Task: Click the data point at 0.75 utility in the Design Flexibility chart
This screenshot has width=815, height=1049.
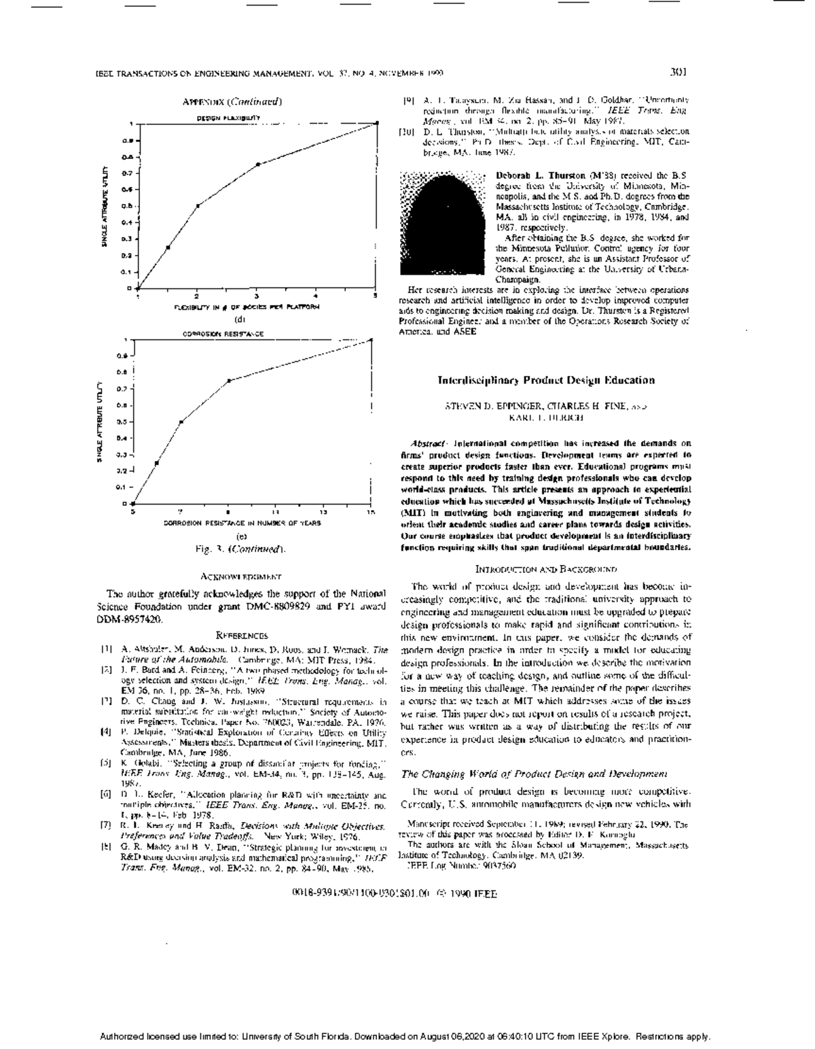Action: (257, 165)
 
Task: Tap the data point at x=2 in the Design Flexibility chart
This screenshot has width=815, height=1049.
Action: (198, 205)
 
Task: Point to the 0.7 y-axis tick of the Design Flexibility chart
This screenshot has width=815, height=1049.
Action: (127, 173)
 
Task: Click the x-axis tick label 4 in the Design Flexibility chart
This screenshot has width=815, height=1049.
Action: (315, 296)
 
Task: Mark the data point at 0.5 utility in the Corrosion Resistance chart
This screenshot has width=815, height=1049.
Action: (181, 422)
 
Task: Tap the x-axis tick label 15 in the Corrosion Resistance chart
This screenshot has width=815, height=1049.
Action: (371, 512)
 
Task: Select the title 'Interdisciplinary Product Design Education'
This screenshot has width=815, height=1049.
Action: (546, 381)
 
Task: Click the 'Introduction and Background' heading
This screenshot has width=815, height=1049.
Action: (546, 568)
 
